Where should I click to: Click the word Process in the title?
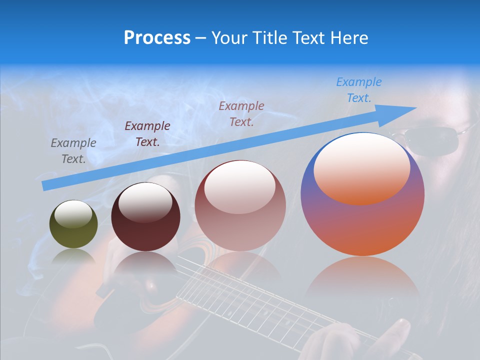coord(157,37)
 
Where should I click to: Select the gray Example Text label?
coord(73,150)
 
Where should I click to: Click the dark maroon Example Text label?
coord(147,133)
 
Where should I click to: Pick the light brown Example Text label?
coord(241,113)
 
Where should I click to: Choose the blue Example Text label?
coord(359,89)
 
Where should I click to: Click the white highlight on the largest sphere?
coord(362,167)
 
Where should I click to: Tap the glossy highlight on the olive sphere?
coord(73,213)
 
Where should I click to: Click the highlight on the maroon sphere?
coord(145,202)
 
